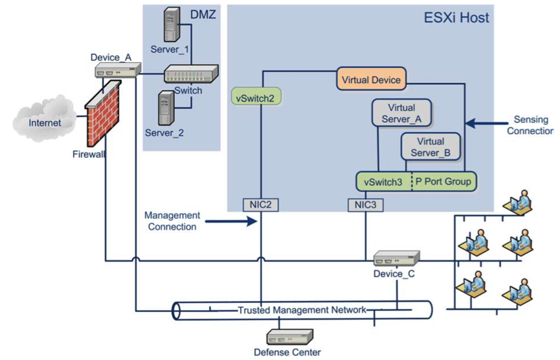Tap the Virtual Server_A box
(402, 114)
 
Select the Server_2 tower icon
(166, 109)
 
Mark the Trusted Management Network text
(302, 309)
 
